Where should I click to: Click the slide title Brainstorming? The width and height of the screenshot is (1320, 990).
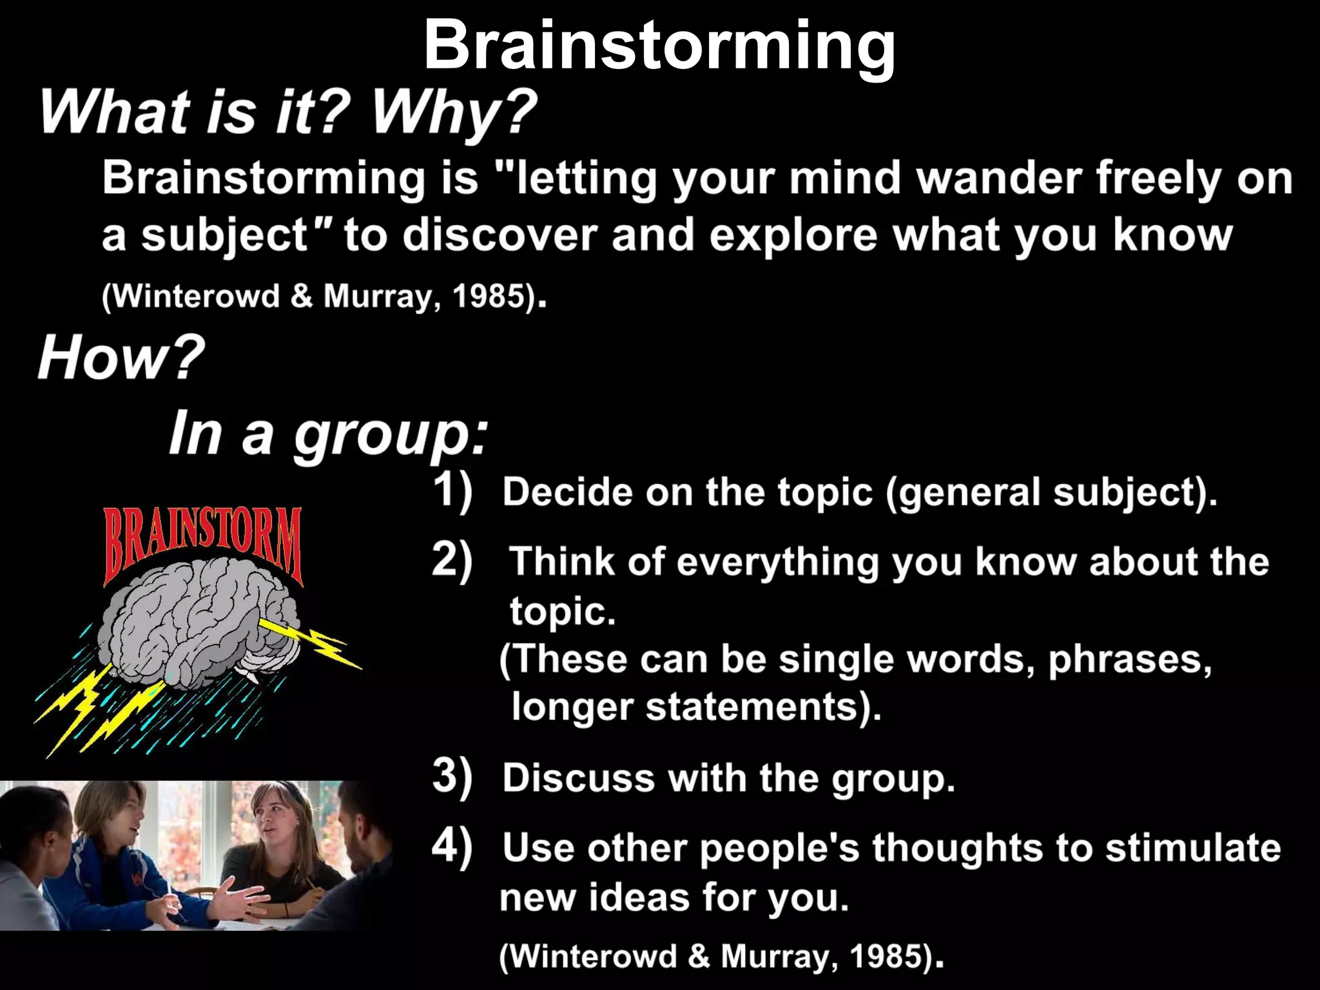pos(659,45)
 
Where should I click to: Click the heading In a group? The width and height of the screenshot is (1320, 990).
pos(329,433)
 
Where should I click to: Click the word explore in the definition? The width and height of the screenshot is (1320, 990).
pos(793,235)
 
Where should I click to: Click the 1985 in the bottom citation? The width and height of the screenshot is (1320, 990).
pos(890,956)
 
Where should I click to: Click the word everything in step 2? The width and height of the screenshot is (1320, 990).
pos(777,562)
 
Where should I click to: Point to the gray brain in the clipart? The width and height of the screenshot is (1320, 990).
pos(200,625)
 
